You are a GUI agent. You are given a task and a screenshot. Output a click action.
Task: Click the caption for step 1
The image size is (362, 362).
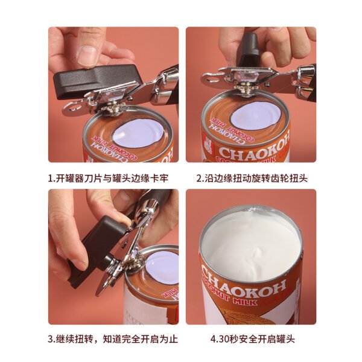click(x=113, y=179)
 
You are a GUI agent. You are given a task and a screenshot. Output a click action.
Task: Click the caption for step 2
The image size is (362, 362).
click(x=251, y=179)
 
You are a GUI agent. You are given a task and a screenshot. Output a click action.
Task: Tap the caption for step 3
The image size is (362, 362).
click(x=113, y=339)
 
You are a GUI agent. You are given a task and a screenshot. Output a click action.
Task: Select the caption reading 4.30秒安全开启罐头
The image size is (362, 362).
click(x=252, y=339)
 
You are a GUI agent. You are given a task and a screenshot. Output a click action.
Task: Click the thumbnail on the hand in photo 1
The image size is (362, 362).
click(x=90, y=56)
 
